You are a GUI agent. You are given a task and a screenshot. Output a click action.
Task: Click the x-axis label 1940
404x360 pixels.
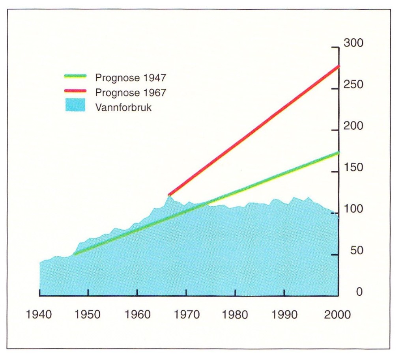39,315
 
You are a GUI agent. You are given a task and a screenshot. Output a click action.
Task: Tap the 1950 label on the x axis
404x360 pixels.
88,315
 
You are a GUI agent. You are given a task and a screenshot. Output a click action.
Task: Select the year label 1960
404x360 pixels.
137,315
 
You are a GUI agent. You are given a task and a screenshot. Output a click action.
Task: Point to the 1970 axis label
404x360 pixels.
186,315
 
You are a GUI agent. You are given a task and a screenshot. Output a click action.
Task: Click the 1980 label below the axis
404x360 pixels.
236,315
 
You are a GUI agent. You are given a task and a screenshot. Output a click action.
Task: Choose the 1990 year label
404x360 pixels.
284,315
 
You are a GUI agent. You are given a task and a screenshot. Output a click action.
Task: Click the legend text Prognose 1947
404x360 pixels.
131,78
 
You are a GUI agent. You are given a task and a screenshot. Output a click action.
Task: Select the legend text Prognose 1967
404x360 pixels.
131,92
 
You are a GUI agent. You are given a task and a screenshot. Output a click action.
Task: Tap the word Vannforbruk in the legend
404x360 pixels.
123,107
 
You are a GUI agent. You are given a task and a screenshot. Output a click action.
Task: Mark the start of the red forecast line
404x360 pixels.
169,195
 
